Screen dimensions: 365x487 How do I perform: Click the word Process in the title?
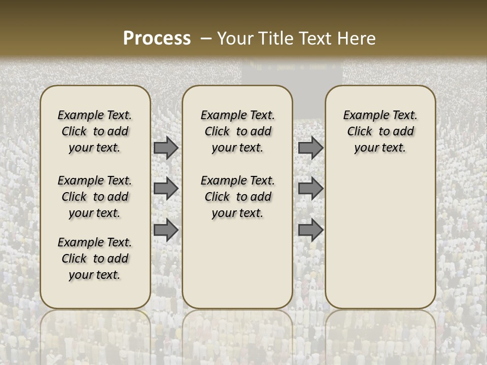(x=157, y=39)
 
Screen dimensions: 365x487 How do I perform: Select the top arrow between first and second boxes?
(x=166, y=148)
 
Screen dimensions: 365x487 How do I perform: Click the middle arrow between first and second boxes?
(x=166, y=189)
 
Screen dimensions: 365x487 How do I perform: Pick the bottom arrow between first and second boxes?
(x=166, y=230)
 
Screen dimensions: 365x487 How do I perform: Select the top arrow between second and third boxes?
(x=310, y=148)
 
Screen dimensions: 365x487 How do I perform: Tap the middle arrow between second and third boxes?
(x=310, y=189)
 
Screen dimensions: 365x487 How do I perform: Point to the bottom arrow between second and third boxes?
(x=310, y=230)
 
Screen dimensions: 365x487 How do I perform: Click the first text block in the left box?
(x=95, y=131)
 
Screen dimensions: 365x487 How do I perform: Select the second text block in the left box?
(x=95, y=197)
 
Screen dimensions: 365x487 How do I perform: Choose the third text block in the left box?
(x=95, y=259)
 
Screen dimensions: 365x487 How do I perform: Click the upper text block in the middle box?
(x=238, y=131)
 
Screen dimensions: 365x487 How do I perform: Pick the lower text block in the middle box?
(x=238, y=197)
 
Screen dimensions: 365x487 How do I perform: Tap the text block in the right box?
(x=380, y=131)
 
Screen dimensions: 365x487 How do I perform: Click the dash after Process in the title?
(x=205, y=39)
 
